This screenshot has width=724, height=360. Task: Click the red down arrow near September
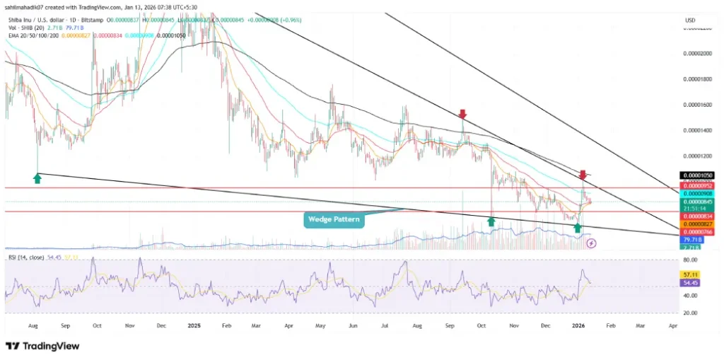tap(462, 115)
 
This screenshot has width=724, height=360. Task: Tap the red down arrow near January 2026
tap(583, 175)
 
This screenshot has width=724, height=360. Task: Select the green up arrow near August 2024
tap(37, 179)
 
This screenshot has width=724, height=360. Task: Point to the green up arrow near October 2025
tap(491, 222)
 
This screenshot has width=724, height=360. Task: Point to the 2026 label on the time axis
tap(578, 327)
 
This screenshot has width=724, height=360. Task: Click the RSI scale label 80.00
tap(691, 260)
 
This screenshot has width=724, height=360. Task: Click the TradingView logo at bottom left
tap(35, 347)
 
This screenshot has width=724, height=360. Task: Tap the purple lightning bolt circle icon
tap(592, 243)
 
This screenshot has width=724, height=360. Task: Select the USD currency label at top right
tap(690, 19)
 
